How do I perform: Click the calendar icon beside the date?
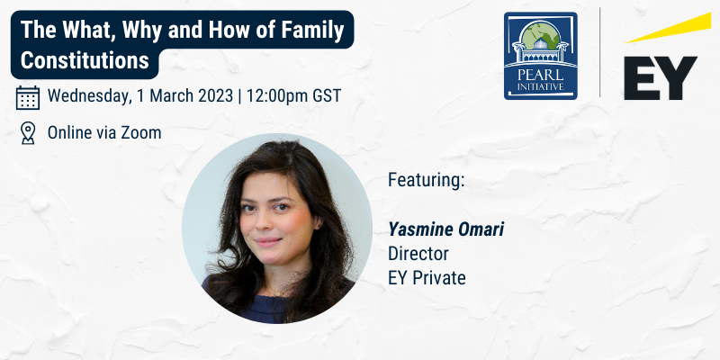click(x=28, y=97)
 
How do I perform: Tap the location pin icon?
click(x=28, y=133)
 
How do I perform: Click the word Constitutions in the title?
click(x=85, y=60)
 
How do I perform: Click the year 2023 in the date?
click(x=215, y=95)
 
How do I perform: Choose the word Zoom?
click(x=141, y=132)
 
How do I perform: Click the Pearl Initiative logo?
click(x=541, y=56)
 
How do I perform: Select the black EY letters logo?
click(x=661, y=78)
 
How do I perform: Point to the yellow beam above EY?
click(x=669, y=28)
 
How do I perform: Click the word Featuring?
click(x=426, y=180)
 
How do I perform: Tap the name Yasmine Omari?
click(x=445, y=229)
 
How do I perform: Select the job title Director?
click(x=418, y=254)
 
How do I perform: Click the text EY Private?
click(x=427, y=278)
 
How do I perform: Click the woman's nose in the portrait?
click(x=266, y=222)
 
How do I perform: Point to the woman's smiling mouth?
click(x=267, y=241)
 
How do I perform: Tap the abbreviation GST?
click(x=327, y=95)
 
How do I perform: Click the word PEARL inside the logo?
click(x=541, y=75)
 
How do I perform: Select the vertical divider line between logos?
click(x=600, y=52)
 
